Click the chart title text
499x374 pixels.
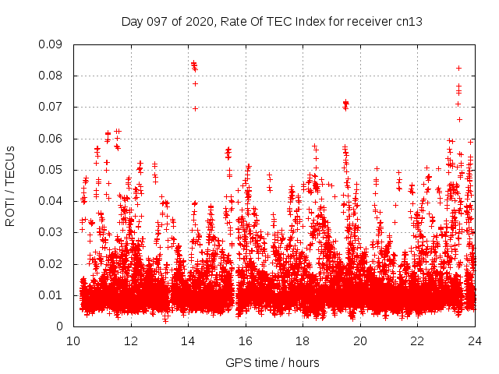click(272, 22)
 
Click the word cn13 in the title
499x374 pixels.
click(409, 22)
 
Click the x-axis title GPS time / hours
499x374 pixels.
click(272, 363)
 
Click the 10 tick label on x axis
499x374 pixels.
click(73, 340)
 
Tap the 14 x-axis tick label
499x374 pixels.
click(188, 340)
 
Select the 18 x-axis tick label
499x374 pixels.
click(303, 340)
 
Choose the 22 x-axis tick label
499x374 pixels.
click(418, 340)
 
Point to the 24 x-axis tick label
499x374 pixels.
click(475, 340)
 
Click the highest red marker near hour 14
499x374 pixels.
click(193, 63)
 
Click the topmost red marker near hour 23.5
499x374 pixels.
click(458, 68)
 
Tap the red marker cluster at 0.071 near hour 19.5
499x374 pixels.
click(345, 103)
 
